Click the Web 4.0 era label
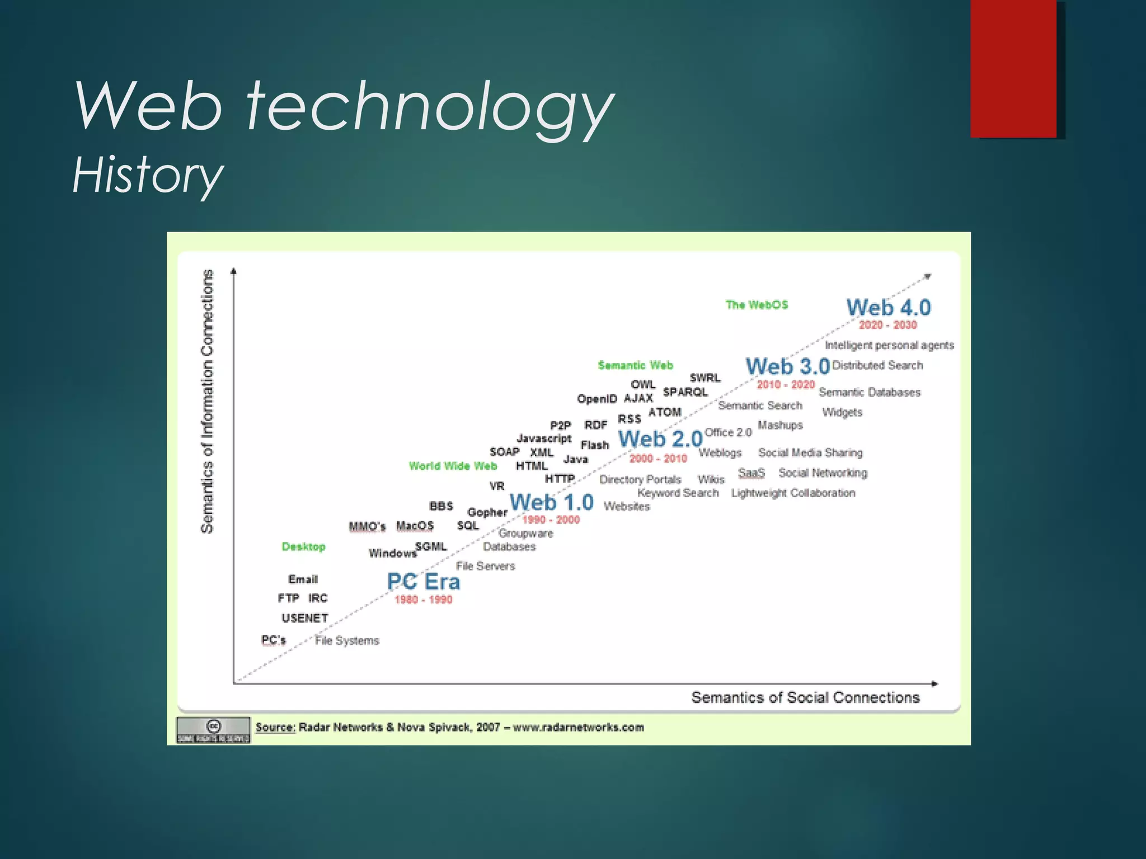[x=888, y=308]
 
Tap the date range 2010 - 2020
[x=786, y=385]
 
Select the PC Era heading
[x=424, y=582]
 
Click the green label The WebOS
[x=757, y=305]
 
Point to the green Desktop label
[x=303, y=546]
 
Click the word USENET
[x=304, y=618]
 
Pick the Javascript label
[x=544, y=438]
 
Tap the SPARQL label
[x=685, y=392]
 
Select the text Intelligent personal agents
[x=889, y=345]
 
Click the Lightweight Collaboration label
[x=793, y=493]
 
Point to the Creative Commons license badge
[x=213, y=729]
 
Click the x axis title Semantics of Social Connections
[x=805, y=697]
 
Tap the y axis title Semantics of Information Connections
[x=208, y=401]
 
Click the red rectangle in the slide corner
[x=1013, y=68]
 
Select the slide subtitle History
[x=148, y=175]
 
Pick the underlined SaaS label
[x=751, y=473]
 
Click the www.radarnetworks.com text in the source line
[x=578, y=727]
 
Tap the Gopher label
[x=487, y=512]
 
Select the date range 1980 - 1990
[x=423, y=600]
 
